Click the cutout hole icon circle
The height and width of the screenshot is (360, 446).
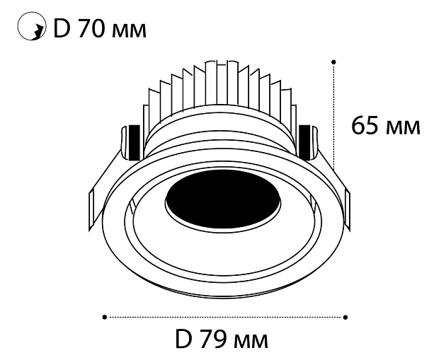18,26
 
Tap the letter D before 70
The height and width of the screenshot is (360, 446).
62,29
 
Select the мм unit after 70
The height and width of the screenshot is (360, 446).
129,31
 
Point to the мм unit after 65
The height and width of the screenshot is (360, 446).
404,128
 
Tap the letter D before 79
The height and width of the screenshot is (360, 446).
183,339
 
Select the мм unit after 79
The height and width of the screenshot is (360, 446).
251,342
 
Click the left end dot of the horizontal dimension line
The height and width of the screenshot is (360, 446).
105,317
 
